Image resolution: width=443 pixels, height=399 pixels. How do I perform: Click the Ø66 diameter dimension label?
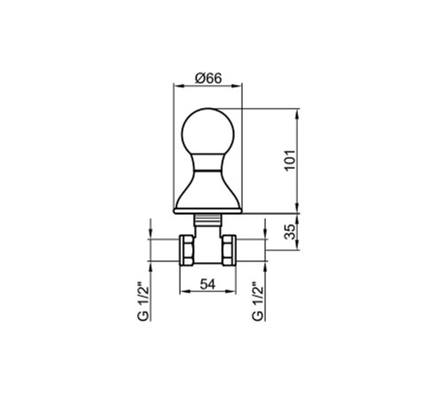coord(208,78)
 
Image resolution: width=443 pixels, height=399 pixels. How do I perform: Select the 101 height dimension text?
coord(290,160)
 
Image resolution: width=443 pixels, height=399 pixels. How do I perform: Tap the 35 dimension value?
coord(290,231)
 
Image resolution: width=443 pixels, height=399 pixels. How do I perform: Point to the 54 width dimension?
coord(208,285)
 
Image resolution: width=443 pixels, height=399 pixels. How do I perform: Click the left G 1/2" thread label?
coord(143,303)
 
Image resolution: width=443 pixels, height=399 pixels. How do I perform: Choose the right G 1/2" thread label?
coord(258,303)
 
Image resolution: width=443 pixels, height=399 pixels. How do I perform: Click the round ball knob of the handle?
coord(208,131)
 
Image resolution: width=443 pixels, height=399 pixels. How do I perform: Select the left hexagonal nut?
coord(187,250)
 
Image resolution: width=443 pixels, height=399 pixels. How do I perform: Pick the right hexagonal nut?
coord(229,250)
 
